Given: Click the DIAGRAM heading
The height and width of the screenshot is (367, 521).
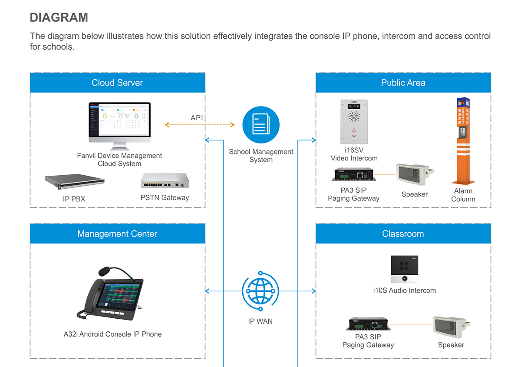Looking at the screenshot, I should coord(59,17).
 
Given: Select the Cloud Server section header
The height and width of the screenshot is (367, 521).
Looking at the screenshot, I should coord(117,83).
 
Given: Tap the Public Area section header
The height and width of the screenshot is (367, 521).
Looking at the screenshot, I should coord(403,83).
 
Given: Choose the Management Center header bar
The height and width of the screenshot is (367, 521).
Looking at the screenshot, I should coord(117,234).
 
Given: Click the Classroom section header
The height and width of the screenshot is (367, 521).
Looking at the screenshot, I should coord(403,234).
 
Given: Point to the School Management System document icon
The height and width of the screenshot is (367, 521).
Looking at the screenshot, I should coord(261,125).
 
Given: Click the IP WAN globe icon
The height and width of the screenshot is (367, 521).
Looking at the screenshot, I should coord(260,291).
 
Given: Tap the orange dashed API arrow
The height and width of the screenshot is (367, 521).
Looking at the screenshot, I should coord(200,125).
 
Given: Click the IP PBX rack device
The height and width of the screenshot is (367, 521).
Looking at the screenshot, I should coord(75,183).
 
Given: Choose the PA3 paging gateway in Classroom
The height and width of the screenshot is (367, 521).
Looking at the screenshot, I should coord(368,324).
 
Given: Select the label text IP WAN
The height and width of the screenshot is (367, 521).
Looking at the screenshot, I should coord(260,321).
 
